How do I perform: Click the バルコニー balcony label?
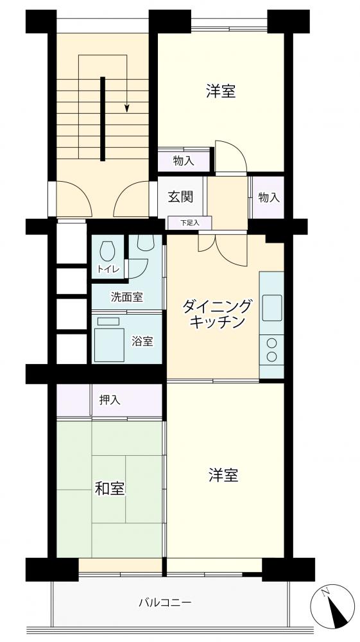point(165,603)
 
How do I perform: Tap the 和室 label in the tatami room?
point(110,489)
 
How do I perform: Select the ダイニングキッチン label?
point(217,313)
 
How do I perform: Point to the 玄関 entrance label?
point(180,197)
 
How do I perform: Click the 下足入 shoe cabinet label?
point(190,223)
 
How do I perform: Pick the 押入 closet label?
point(110,400)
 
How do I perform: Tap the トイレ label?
point(108,269)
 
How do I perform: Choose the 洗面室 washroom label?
point(127,298)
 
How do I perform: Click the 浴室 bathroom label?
point(142,341)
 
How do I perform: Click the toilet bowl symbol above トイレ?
point(107,251)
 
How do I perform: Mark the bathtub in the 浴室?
point(109,344)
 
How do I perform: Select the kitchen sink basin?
point(271,308)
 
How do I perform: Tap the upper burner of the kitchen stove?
point(271,343)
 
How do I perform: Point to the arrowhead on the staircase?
point(127,108)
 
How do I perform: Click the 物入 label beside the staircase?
point(184,161)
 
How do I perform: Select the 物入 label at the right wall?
point(269,198)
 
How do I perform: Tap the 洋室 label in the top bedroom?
point(221,91)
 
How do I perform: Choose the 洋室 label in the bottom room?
point(223,475)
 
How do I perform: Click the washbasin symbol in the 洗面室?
point(145,243)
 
